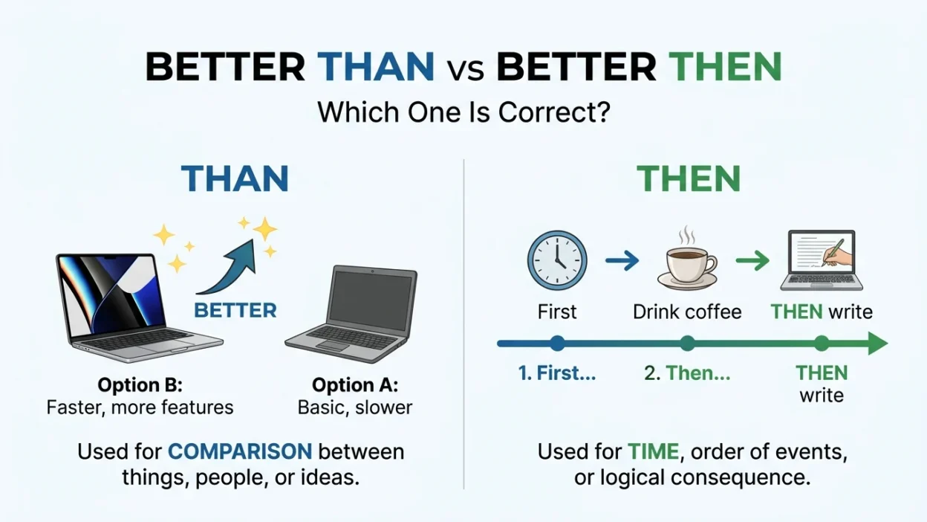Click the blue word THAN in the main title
click(x=376, y=67)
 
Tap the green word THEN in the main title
click(x=725, y=67)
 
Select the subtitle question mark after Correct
click(x=603, y=112)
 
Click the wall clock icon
click(x=557, y=260)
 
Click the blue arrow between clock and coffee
click(x=622, y=260)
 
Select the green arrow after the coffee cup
click(x=752, y=260)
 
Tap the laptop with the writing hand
click(x=822, y=260)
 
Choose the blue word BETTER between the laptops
click(x=235, y=311)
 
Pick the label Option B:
click(x=140, y=385)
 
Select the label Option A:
click(x=355, y=385)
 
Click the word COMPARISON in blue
click(x=240, y=451)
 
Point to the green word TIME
click(x=654, y=451)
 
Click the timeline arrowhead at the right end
click(x=877, y=344)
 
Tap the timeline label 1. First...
click(x=557, y=373)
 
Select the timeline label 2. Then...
click(x=687, y=373)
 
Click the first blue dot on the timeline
click(x=557, y=344)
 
